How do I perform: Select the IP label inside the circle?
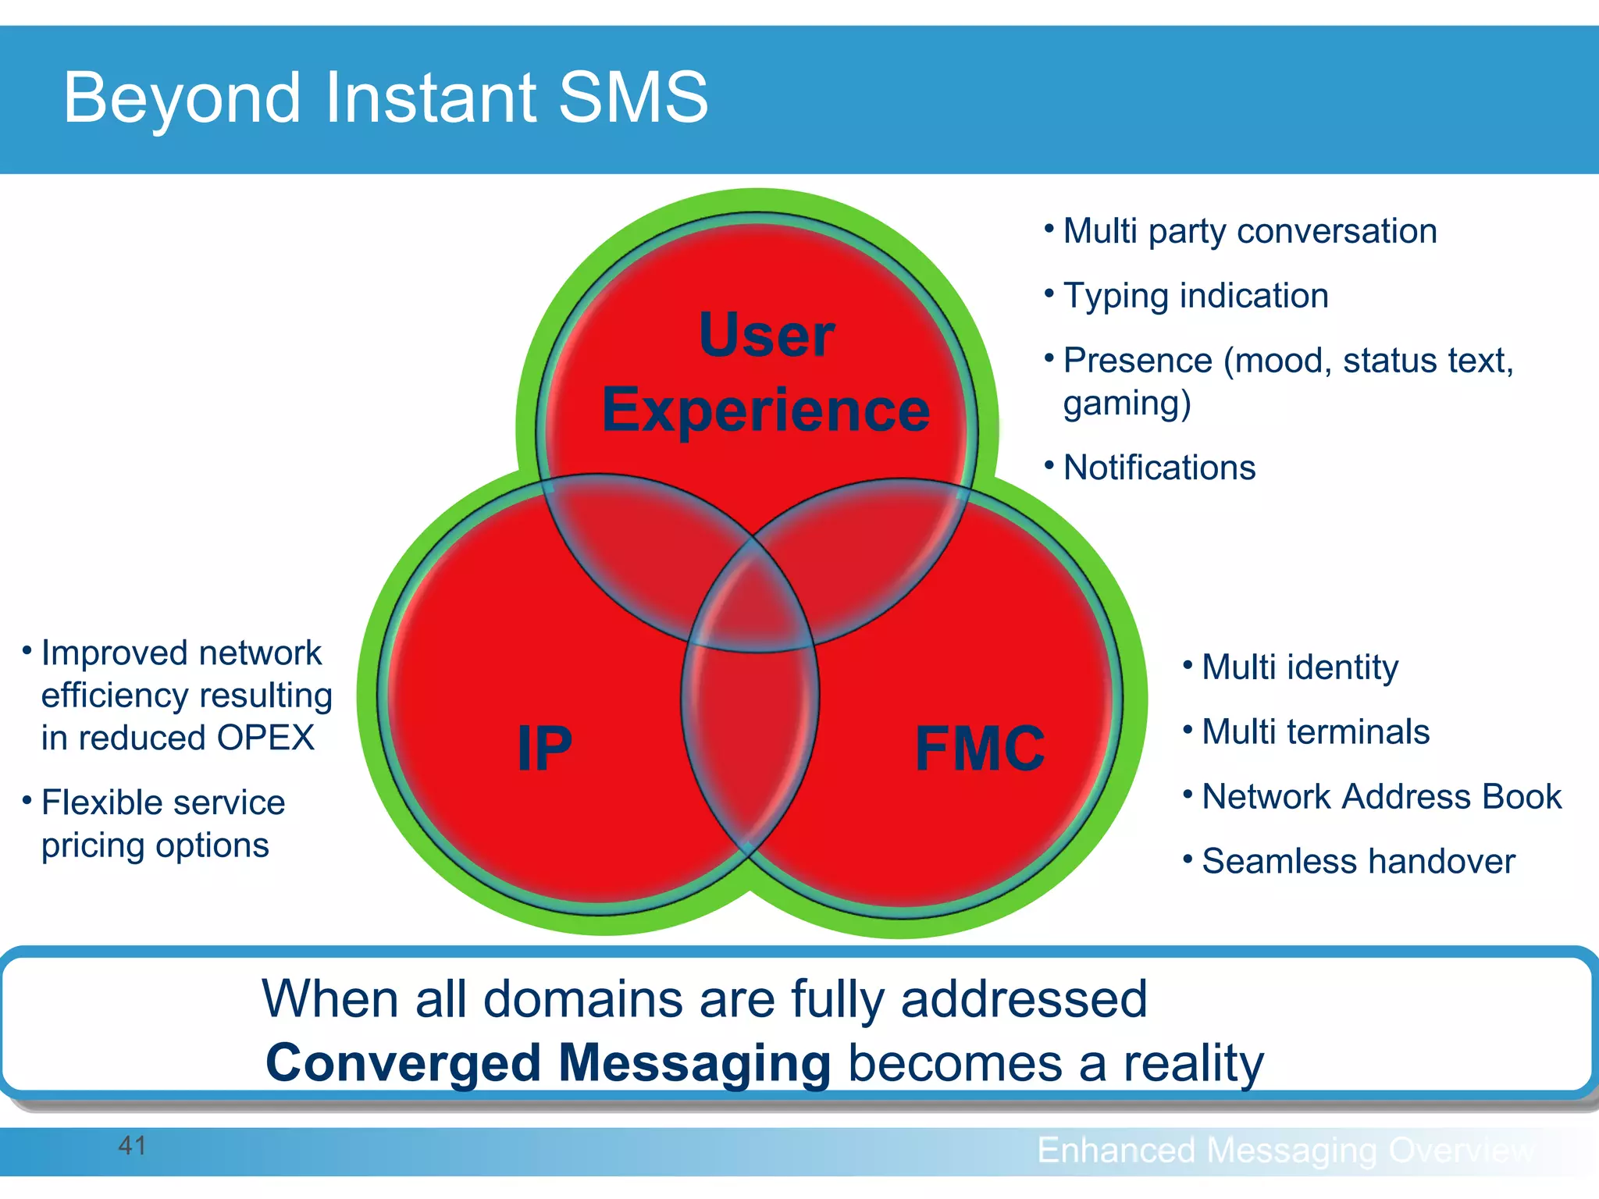click(x=544, y=748)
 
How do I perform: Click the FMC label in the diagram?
click(x=979, y=748)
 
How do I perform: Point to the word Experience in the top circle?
click(x=765, y=410)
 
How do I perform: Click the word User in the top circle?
click(x=766, y=336)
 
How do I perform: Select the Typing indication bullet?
click(x=1195, y=296)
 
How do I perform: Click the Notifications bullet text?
click(x=1159, y=468)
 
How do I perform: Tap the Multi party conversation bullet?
click(x=1249, y=231)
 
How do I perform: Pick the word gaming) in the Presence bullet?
click(x=1127, y=404)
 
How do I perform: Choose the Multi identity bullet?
click(x=1299, y=667)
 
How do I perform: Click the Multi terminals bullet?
click(x=1315, y=732)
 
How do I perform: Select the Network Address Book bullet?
click(x=1381, y=797)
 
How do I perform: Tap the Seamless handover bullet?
click(x=1358, y=862)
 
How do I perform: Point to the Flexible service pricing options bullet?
click(x=162, y=824)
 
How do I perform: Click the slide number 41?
click(x=132, y=1146)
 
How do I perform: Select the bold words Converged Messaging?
click(x=548, y=1063)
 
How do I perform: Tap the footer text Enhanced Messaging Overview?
click(x=1285, y=1151)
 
